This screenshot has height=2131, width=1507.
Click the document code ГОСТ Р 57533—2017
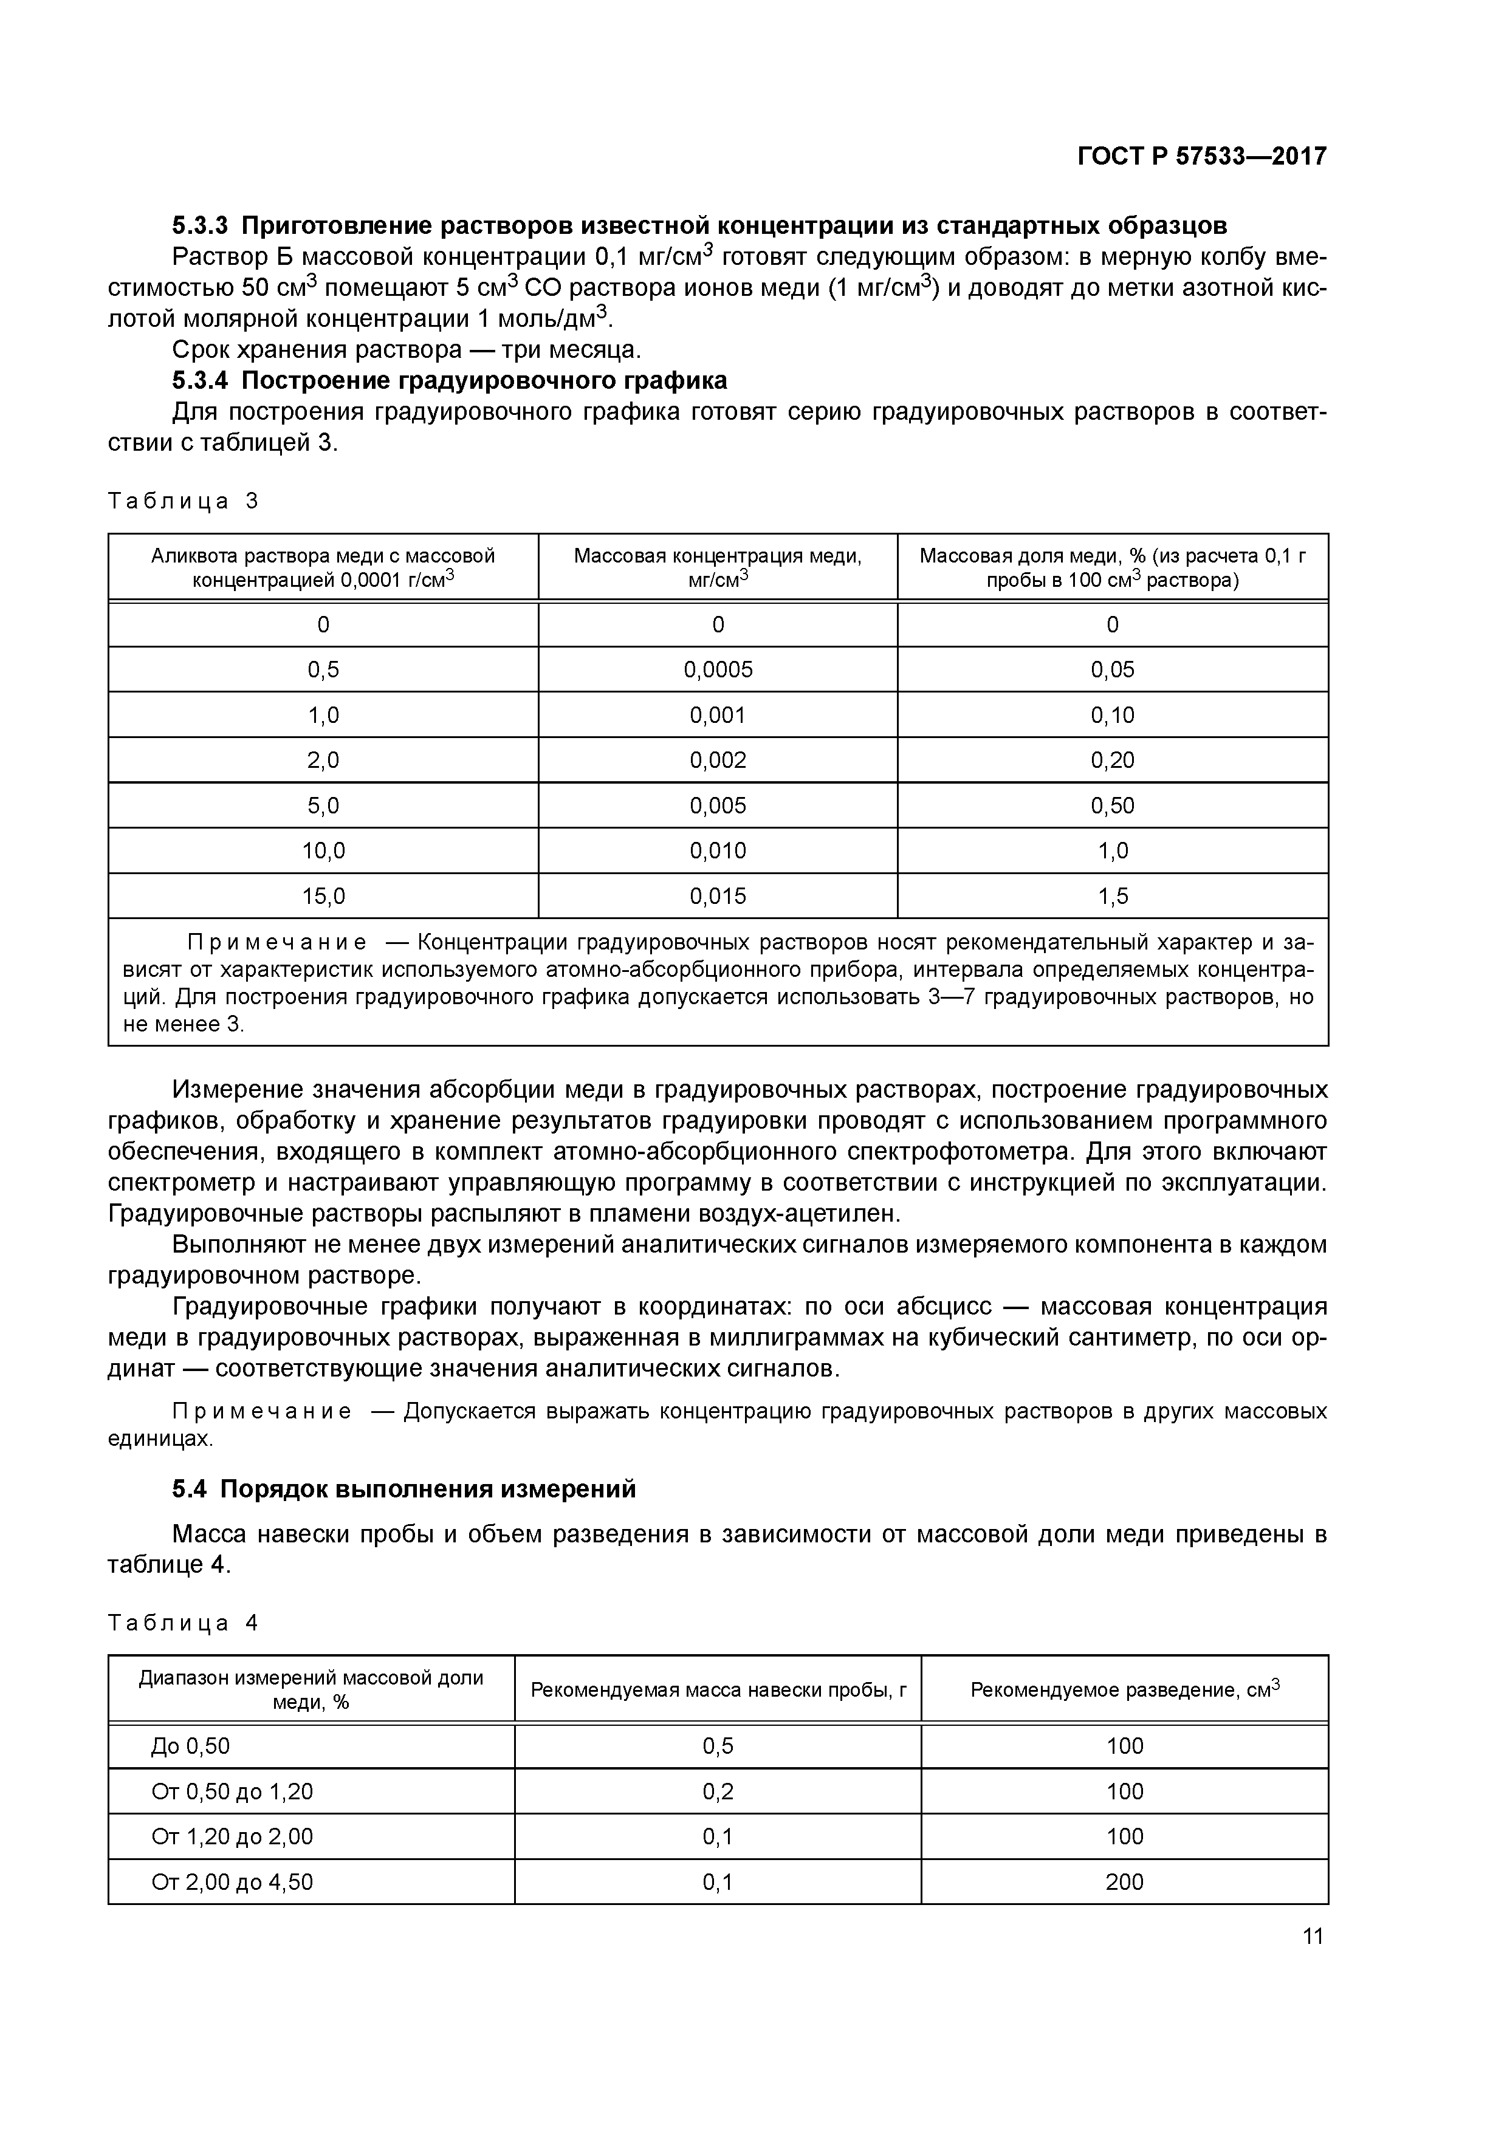(x=1201, y=157)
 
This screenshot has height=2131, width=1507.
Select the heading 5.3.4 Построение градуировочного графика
(x=450, y=380)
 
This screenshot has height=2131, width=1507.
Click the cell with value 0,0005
(x=718, y=669)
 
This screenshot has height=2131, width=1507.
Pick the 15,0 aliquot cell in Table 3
(x=323, y=895)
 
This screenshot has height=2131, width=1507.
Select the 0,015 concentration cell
(x=718, y=895)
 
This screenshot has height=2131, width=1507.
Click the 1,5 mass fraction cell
(x=1113, y=895)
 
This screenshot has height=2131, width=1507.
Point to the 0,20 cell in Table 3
(x=1113, y=760)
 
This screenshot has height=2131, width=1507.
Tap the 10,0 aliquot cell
(x=323, y=850)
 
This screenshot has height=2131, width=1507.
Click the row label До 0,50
(x=190, y=1746)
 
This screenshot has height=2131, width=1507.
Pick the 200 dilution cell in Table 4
(x=1124, y=1883)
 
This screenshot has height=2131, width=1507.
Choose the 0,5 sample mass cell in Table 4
(x=718, y=1746)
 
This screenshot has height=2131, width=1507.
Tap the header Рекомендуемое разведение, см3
(x=1124, y=1689)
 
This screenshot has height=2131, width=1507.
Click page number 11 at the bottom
(x=1312, y=1936)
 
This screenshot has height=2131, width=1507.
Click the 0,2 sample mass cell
(x=718, y=1791)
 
